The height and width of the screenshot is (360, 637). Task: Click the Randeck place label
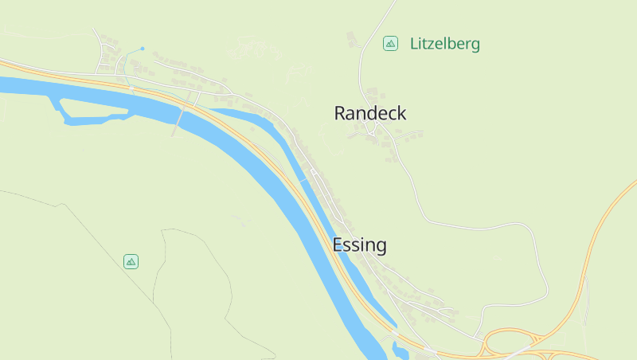coord(369,113)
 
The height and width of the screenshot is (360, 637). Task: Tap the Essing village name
coord(359,245)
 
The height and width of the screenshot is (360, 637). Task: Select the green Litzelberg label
coord(444,44)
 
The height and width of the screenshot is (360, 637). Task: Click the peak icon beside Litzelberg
coord(390,43)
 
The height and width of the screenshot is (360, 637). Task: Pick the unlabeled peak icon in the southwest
coord(131,260)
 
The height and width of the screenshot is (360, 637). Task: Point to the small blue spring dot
coord(143,49)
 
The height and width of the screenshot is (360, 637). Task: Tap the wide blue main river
coord(303,223)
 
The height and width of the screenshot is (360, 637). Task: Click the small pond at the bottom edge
coord(398,348)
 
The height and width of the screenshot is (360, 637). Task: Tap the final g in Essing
coord(381,246)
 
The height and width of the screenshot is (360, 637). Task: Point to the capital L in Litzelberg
coord(414,44)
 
